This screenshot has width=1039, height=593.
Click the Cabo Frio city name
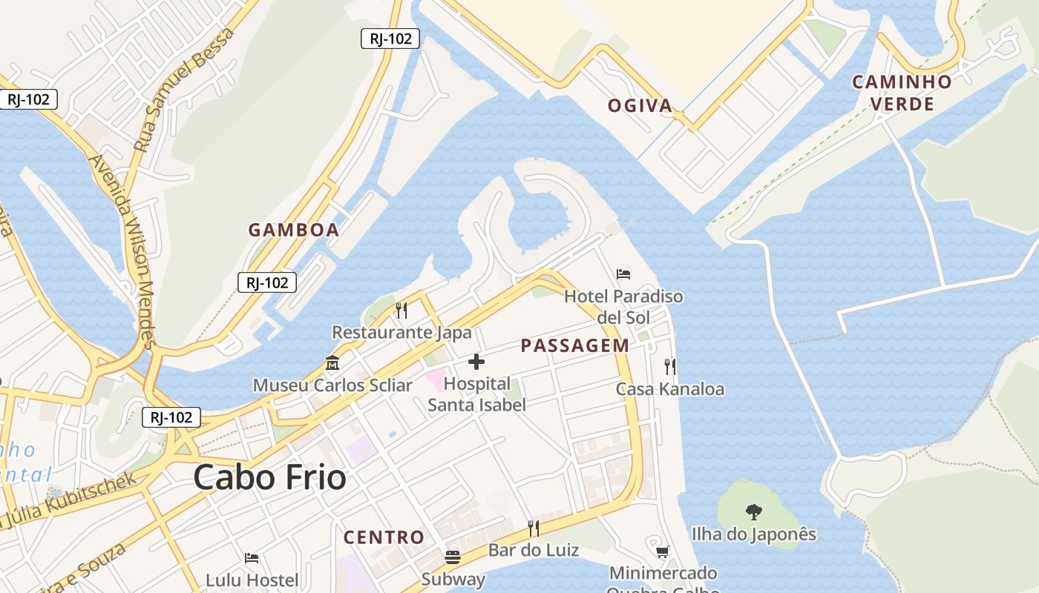[269, 477]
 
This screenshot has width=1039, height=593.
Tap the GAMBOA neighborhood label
[294, 230]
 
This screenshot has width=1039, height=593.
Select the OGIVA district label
[640, 105]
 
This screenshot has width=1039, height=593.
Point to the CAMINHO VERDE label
[902, 93]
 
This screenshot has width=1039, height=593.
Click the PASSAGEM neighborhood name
[575, 345]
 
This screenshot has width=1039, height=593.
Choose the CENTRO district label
[384, 537]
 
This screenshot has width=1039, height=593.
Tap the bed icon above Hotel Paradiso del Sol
[623, 274]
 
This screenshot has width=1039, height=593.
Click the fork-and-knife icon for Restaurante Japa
[401, 310]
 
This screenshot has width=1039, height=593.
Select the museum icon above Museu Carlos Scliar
[332, 364]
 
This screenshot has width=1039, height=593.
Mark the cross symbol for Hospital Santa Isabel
[476, 362]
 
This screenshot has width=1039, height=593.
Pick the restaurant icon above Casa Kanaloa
[670, 366]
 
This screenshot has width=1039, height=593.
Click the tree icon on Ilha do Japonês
[754, 511]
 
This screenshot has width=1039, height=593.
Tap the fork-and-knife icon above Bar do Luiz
[534, 528]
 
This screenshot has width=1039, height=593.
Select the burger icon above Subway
[453, 557]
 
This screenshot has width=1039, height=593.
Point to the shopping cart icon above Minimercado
[663, 551]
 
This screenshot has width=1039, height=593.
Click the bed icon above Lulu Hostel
[252, 557]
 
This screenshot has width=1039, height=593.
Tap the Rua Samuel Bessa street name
[184, 89]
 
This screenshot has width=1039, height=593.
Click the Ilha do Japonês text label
[754, 534]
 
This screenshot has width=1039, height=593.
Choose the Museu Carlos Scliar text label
[332, 385]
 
